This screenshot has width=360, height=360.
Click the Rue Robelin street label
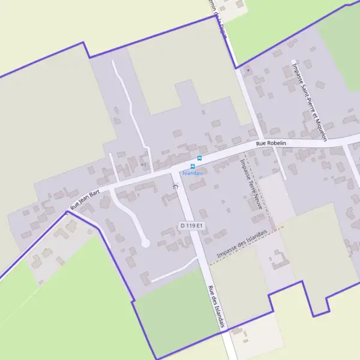click(271, 143)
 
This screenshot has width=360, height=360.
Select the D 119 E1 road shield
click(192, 225)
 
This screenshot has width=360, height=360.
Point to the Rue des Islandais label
click(217, 306)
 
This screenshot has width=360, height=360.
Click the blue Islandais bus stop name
click(193, 173)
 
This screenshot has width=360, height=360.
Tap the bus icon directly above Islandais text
click(193, 166)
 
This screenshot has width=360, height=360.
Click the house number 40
click(143, 164)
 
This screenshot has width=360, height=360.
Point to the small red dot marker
click(247, 70)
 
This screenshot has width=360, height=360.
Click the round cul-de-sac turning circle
click(145, 242)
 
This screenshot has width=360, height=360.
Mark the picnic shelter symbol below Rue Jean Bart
click(176, 187)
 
